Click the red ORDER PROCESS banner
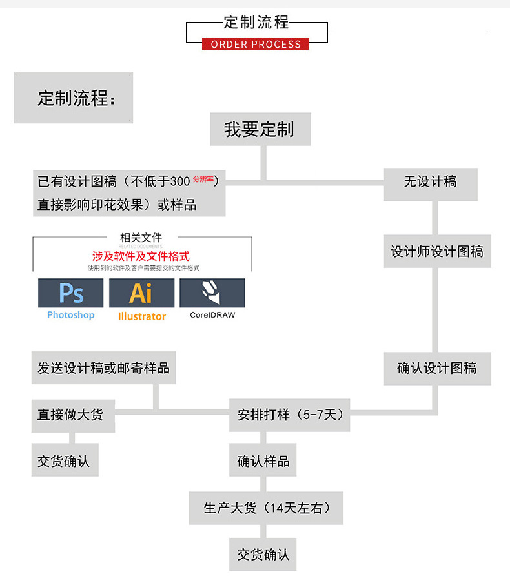coord(256,44)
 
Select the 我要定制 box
coord(260,129)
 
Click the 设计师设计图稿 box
coord(437,251)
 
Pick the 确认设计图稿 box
coord(437,369)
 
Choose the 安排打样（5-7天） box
coord(290,415)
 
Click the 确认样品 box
coord(263,461)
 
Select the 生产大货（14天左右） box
coord(266,508)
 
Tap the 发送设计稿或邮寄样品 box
coord(103,368)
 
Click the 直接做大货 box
coord(73,415)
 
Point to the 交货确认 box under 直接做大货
coord(65,462)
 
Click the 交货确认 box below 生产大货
coord(263,555)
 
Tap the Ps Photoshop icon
coord(70,293)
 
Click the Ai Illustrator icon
coord(141,293)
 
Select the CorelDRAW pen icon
coord(212,293)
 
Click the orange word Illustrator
coord(142,316)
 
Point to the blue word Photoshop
coord(70,315)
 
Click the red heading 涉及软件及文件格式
coord(141,256)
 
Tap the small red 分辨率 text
coord(203,178)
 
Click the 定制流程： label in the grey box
coord(77,99)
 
